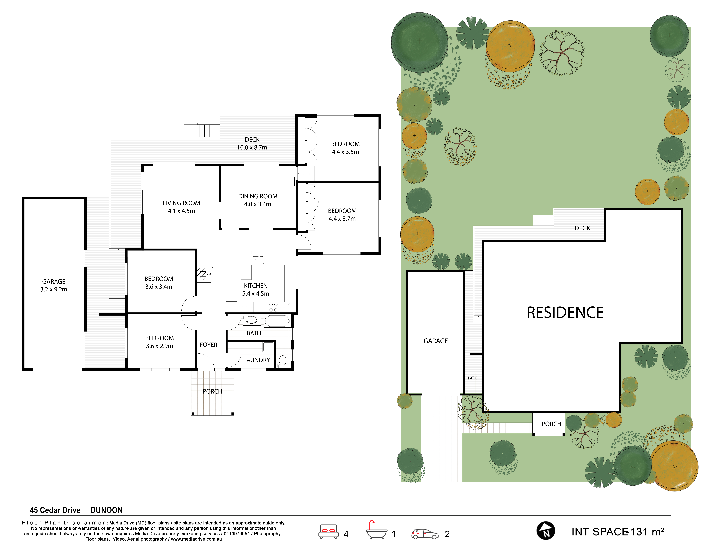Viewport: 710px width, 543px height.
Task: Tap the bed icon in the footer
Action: [x=328, y=531]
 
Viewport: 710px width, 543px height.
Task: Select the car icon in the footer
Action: [x=425, y=534]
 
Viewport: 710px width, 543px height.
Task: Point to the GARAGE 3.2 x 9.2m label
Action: [x=54, y=285]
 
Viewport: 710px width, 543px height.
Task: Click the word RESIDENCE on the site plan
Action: [x=565, y=313]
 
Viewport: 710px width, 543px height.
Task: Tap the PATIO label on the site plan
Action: [x=473, y=378]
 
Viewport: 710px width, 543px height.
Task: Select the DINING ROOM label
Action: [x=258, y=196]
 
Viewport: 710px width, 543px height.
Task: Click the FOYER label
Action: [x=208, y=345]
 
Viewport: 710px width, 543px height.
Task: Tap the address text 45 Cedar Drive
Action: [x=55, y=510]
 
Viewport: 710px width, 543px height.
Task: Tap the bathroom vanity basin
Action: [x=251, y=320]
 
